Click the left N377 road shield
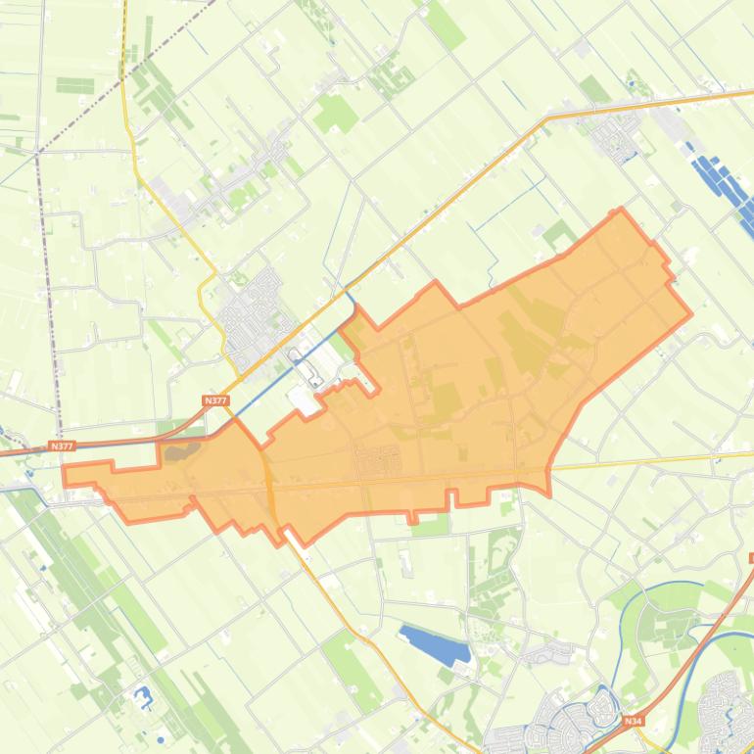pyautogui.click(x=62, y=446)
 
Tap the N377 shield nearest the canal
pyautogui.click(x=214, y=401)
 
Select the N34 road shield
pyautogui.click(x=632, y=722)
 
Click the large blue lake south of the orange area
pyautogui.click(x=435, y=644)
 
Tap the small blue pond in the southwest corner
pyautogui.click(x=143, y=697)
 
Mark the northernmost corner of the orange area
pyautogui.click(x=619, y=210)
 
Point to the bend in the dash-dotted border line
pyautogui.click(x=37, y=155)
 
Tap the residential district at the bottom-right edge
pyautogui.click(x=727, y=700)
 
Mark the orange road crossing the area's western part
pyautogui.click(x=266, y=480)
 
